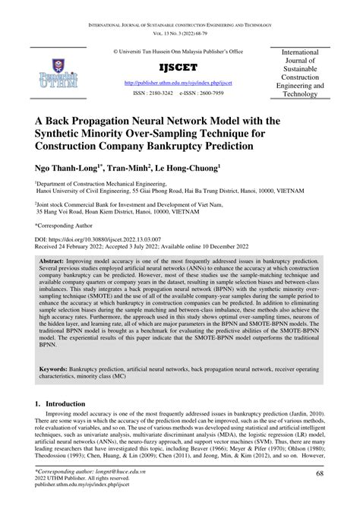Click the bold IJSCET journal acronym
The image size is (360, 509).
coord(179,66)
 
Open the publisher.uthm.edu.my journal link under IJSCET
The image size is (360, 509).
coord(179,84)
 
